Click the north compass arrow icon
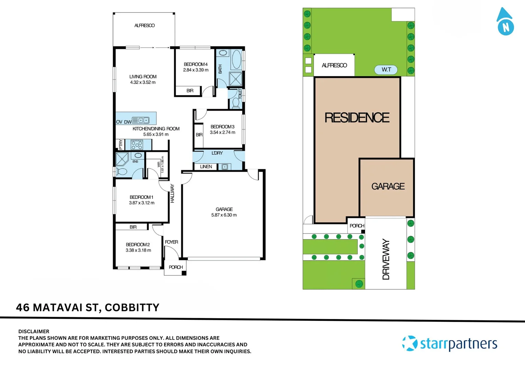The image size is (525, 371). coord(505,21)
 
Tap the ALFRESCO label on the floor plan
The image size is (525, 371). coord(144,25)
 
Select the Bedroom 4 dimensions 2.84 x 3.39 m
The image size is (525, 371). coord(196,70)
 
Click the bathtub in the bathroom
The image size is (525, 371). coord(236,59)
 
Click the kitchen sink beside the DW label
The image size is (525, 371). coord(141,120)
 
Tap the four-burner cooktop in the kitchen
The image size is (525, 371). coord(137,145)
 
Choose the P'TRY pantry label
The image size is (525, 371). coord(121,144)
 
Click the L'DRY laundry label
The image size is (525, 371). coord(217,153)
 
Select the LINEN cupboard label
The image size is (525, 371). coord(206,167)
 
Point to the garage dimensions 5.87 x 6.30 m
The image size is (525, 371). coord(224,215)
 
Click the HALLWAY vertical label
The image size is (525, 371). coord(172,193)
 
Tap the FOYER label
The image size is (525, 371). coord(171,242)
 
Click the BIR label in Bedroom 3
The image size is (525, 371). coord(199,135)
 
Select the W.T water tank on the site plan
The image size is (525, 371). coord(386,70)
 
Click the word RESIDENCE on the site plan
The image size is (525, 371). coord(357,117)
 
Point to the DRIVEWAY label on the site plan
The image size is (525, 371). coord(386,259)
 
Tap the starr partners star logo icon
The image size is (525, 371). coord(410,343)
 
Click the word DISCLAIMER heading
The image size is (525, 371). coord(34,331)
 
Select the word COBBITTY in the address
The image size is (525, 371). coord(132,307)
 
